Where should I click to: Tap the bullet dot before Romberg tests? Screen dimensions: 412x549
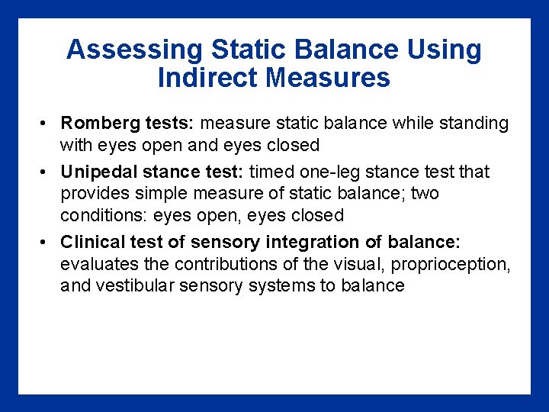(46, 124)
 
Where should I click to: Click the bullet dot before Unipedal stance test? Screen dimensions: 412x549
(46, 172)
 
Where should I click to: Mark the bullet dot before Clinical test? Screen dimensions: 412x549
(46, 243)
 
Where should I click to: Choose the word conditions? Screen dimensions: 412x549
(104, 215)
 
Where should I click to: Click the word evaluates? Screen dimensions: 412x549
(95, 264)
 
